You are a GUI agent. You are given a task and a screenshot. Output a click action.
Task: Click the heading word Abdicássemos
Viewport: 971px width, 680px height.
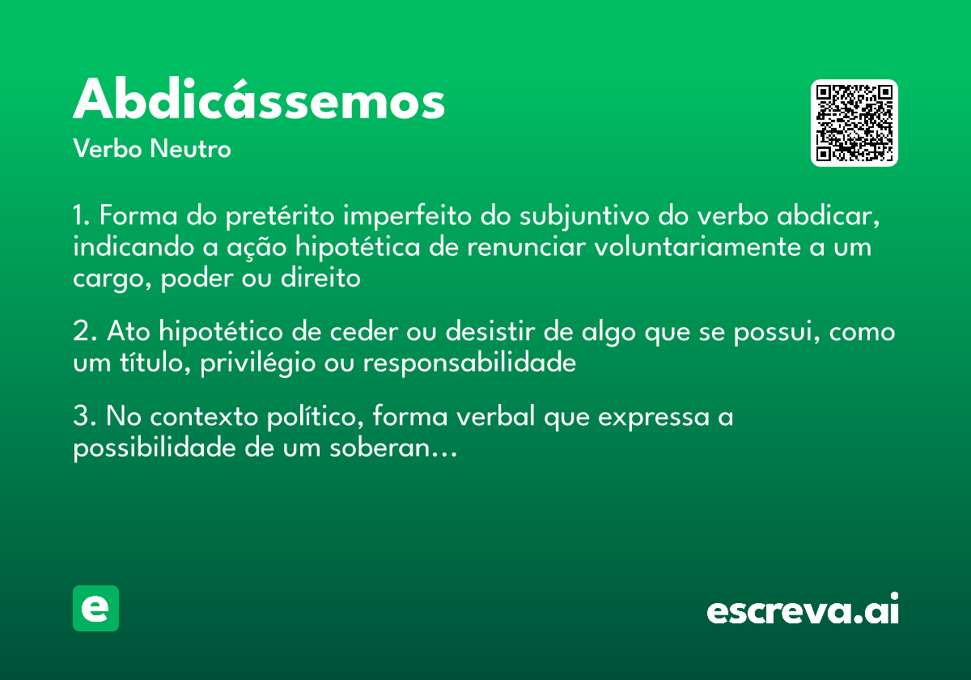(259, 101)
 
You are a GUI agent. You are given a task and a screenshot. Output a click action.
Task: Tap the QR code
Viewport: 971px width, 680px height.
(854, 123)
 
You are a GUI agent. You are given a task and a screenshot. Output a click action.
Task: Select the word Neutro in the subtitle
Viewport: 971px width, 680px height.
(190, 150)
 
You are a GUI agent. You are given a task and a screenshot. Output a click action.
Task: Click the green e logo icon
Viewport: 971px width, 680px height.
(95, 608)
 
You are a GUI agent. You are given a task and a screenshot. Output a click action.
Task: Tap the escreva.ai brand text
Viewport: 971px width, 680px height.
(803, 610)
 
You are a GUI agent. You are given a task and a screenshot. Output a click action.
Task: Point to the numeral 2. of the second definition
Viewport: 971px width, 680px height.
(83, 333)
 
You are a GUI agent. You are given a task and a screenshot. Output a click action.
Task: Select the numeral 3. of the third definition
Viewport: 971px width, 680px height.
(83, 418)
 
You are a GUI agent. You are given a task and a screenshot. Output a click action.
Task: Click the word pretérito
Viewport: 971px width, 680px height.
(282, 217)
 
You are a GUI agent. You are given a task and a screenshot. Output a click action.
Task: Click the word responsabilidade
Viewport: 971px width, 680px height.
(469, 363)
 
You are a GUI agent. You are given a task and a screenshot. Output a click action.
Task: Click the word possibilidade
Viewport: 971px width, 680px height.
(155, 448)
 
